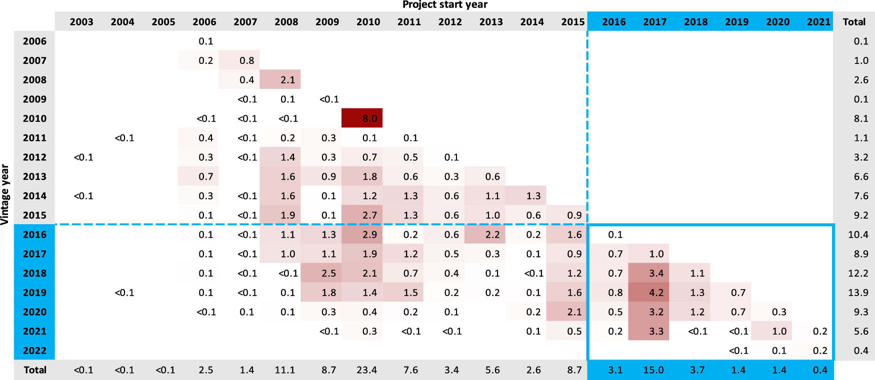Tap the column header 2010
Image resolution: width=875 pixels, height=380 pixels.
pyautogui.click(x=368, y=22)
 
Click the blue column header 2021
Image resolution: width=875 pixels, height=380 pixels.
pyautogui.click(x=818, y=22)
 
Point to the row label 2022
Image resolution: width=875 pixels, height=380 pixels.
pyautogui.click(x=34, y=351)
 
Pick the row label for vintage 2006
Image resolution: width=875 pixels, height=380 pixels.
pyautogui.click(x=34, y=41)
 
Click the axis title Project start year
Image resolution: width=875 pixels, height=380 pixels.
pyautogui.click(x=444, y=5)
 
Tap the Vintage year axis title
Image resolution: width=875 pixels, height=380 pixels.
pyautogui.click(x=5, y=195)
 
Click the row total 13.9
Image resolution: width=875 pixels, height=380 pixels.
pyautogui.click(x=857, y=293)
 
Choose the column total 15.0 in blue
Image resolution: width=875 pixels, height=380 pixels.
pyautogui.click(x=653, y=370)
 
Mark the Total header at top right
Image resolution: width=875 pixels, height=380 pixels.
pyautogui.click(x=854, y=22)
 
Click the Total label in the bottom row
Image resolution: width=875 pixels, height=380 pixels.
pyautogui.click(x=35, y=370)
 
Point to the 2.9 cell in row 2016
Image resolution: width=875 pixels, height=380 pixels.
pyautogui.click(x=369, y=235)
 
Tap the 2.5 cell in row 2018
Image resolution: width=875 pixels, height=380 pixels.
pyautogui.click(x=328, y=273)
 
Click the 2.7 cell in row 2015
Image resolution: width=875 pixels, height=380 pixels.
pyautogui.click(x=369, y=215)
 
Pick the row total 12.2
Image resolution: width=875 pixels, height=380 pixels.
pyautogui.click(x=857, y=273)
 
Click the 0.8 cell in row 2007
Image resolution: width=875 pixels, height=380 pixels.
pyautogui.click(x=246, y=60)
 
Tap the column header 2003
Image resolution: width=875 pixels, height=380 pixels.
pyautogui.click(x=81, y=22)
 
